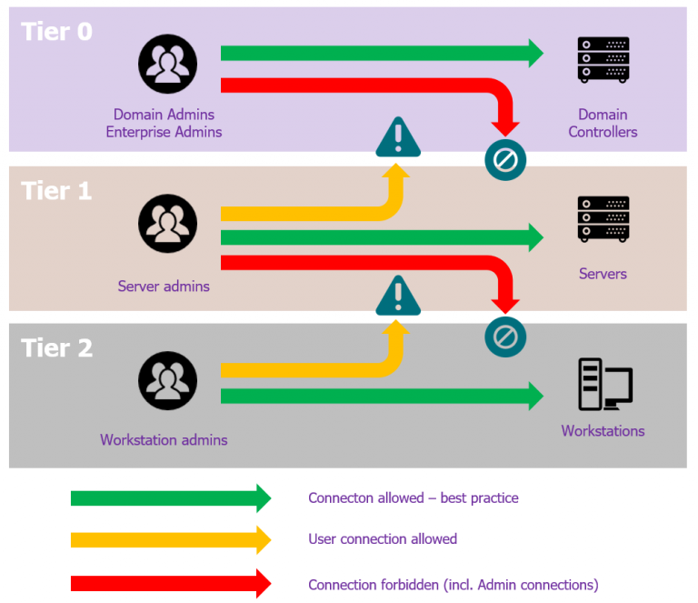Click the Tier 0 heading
pos(56,32)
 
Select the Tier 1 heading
pos(56,191)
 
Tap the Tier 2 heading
pos(56,347)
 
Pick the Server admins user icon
pos(167,224)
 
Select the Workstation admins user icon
pos(167,380)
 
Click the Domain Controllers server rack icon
pos(603,60)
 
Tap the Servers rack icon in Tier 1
pos(603,219)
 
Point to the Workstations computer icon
pos(604,384)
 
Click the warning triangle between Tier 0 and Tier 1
pos(397,137)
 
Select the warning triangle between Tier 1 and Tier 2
pos(397,296)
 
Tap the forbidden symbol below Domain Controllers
pos(504,161)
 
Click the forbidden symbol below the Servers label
pos(504,337)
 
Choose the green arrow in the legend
pos(171,498)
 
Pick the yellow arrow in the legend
pos(171,539)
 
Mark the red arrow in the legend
pos(171,583)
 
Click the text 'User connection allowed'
pos(382,539)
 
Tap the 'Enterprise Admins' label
pos(164,132)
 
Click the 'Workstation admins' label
pos(164,440)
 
